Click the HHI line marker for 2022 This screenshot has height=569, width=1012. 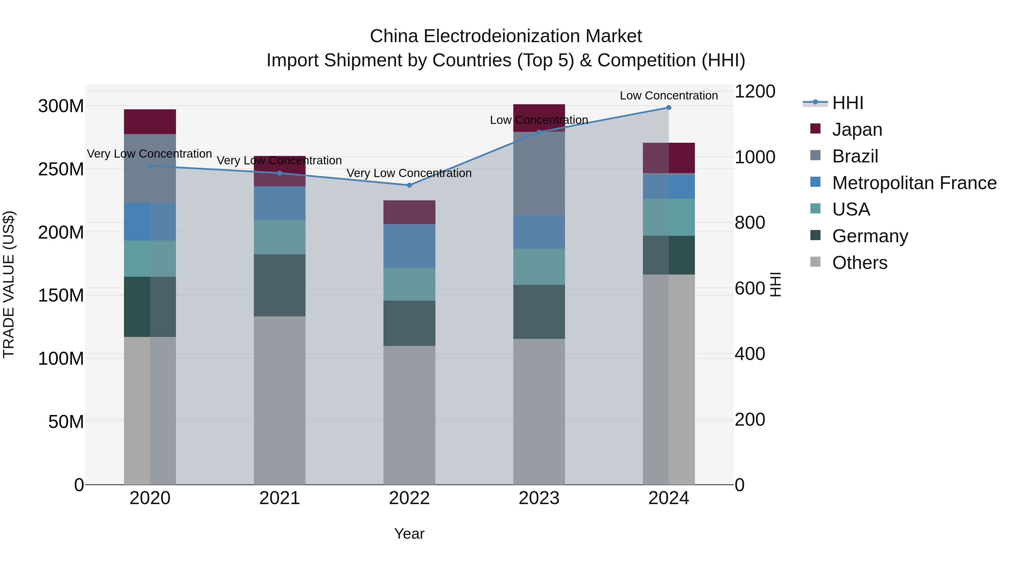coord(409,185)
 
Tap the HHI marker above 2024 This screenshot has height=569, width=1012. coord(669,108)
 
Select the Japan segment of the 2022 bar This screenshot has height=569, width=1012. coord(409,212)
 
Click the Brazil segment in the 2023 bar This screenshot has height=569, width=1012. coord(539,173)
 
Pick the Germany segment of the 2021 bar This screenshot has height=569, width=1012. coord(279,285)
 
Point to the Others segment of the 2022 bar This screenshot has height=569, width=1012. coord(409,415)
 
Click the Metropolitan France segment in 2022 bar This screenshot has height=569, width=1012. coord(409,246)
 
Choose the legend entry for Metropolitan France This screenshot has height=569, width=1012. coord(914,183)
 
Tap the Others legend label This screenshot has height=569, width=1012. coord(860,263)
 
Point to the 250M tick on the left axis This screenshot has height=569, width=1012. coord(61,169)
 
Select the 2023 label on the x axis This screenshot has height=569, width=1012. coord(539,498)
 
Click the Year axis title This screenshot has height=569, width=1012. coord(409,534)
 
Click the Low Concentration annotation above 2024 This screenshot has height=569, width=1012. coord(669,96)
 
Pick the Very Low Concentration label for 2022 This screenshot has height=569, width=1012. coord(409,173)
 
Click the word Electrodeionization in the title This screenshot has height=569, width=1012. coord(502,36)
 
